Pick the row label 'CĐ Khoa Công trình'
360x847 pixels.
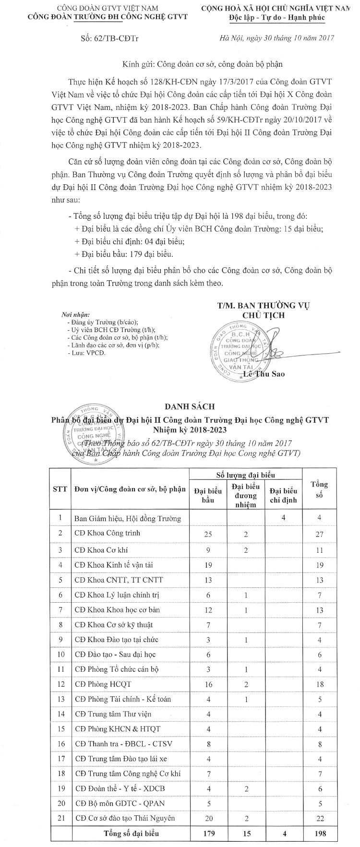click(108, 533)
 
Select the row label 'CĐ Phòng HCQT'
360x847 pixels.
click(103, 684)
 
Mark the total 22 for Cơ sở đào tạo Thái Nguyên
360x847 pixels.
click(320, 819)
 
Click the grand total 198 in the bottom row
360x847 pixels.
click(320, 834)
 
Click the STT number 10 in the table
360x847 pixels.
click(60, 654)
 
